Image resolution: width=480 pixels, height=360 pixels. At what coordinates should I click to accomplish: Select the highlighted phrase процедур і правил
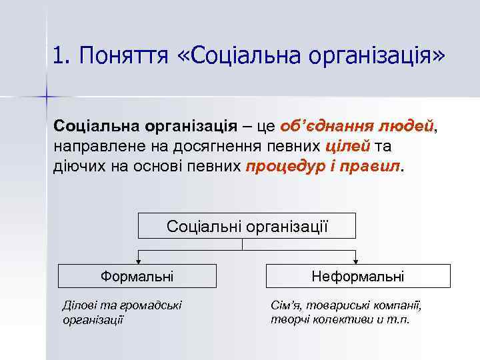coord(324,165)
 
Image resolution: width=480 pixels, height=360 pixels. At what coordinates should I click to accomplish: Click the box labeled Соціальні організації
coord(247,225)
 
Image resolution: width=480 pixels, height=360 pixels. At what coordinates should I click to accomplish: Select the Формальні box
coord(137,275)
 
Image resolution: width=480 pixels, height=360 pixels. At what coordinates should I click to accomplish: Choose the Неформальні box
coord(357,275)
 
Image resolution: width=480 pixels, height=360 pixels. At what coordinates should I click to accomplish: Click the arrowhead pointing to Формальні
coord(137,260)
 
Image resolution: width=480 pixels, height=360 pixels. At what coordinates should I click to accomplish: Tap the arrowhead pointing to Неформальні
coord(358,260)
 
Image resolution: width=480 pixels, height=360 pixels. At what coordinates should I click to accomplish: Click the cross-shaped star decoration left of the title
coord(47,97)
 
